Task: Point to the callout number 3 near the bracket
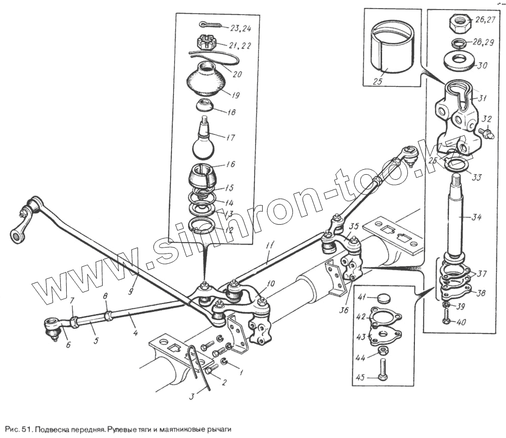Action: coord(191,397)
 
